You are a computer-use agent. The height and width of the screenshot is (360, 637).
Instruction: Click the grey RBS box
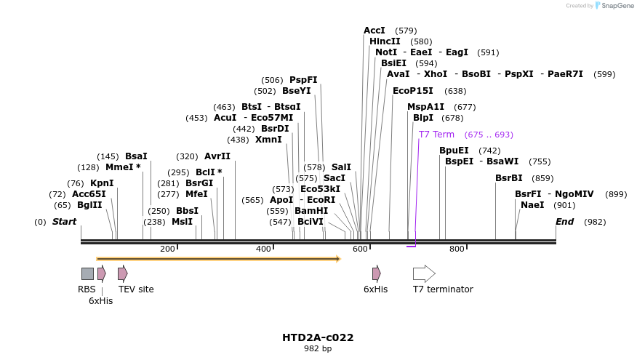(x=87, y=273)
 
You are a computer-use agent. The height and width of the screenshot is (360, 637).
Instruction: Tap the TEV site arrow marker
(x=123, y=273)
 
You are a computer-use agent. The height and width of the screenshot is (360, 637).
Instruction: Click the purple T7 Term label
(x=436, y=135)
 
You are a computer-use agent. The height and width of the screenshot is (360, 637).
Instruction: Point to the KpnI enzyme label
(x=101, y=183)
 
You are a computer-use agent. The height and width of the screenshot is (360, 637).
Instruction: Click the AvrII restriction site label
(x=217, y=156)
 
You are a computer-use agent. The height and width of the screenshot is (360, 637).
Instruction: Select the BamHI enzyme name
(x=311, y=211)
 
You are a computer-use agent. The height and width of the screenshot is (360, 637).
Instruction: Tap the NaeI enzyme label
(x=532, y=205)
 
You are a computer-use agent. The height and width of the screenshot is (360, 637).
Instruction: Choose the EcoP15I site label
(x=412, y=91)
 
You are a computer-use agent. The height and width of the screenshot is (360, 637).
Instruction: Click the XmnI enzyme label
(x=268, y=140)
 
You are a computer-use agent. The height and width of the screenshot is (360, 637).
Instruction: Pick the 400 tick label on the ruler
(x=263, y=249)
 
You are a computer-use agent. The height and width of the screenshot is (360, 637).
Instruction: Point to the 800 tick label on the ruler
(x=457, y=249)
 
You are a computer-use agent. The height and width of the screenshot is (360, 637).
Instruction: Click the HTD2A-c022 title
(x=318, y=337)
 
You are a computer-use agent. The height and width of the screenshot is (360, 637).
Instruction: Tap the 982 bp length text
(x=318, y=349)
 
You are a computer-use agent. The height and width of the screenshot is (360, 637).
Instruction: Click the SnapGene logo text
(x=617, y=6)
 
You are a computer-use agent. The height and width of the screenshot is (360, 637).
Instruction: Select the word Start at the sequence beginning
(x=64, y=222)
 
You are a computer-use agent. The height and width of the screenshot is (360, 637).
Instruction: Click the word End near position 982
(x=564, y=222)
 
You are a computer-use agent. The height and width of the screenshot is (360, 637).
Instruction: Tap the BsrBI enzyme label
(x=509, y=178)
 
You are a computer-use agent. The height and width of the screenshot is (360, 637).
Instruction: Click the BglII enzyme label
(x=89, y=205)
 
